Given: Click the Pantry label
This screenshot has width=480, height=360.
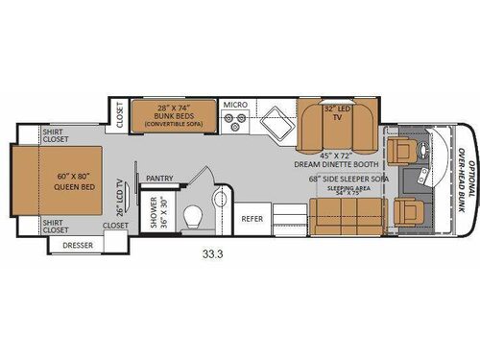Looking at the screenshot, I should click(159, 179).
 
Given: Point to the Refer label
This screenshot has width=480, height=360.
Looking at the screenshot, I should click(252, 218).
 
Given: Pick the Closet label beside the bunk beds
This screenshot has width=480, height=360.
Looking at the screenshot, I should click(120, 114).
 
